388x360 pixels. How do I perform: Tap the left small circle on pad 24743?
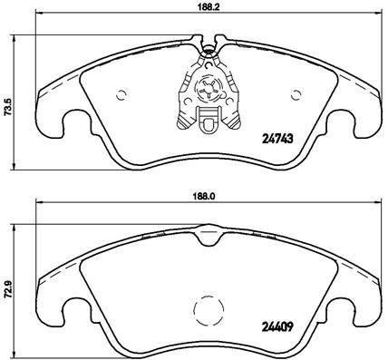point(123,94)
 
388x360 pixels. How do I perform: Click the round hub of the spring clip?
point(208,90)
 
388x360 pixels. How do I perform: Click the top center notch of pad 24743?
point(208,42)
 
